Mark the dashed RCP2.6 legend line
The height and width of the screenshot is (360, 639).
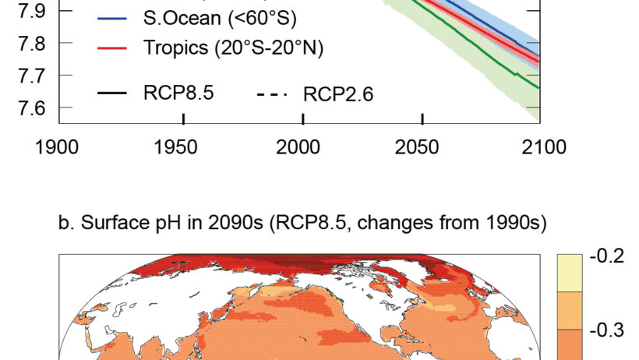point(272,94)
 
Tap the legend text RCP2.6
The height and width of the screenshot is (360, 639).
point(338,94)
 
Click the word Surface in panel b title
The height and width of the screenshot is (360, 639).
point(103,224)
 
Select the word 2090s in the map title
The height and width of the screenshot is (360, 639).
point(228,224)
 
